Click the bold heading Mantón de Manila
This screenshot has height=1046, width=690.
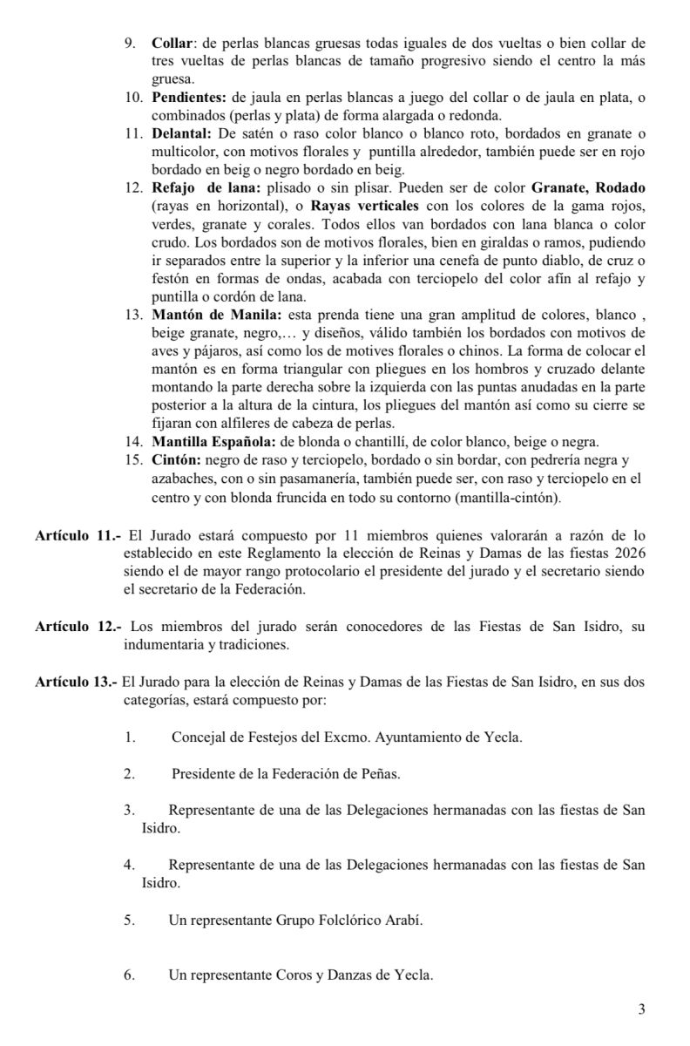pyautogui.click(x=202, y=315)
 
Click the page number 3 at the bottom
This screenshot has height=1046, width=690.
pyautogui.click(x=642, y=1010)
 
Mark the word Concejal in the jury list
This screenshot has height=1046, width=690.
pyautogui.click(x=196, y=738)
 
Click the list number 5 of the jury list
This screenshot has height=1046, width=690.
pyautogui.click(x=128, y=920)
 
